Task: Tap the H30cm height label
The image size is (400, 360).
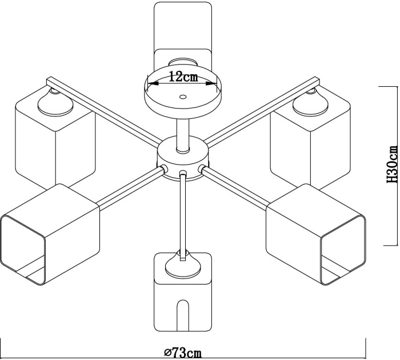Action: pyautogui.click(x=391, y=165)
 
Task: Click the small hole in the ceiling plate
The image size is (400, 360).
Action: pyautogui.click(x=182, y=98)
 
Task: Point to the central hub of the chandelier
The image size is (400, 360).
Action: pyautogui.click(x=183, y=160)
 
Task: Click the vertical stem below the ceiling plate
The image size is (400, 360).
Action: pyautogui.click(x=183, y=134)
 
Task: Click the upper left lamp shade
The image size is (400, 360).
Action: pyautogui.click(x=54, y=143)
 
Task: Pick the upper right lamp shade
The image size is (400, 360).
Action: pyautogui.click(x=311, y=143)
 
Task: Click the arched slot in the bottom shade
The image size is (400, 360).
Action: pyautogui.click(x=183, y=314)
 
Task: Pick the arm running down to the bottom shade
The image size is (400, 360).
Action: pyautogui.click(x=183, y=211)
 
